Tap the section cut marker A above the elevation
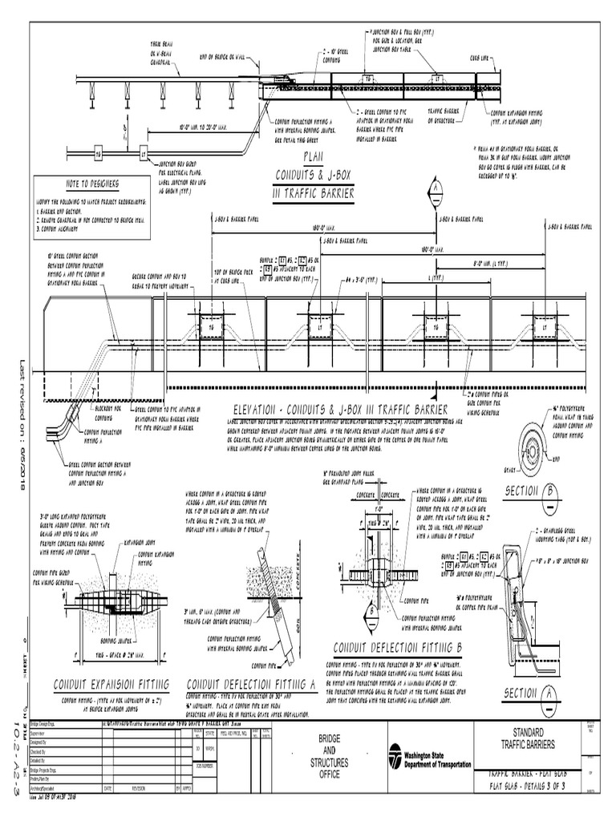(436, 188)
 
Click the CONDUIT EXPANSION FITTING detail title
(111, 684)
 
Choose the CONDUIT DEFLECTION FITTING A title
(251, 684)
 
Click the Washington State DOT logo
(395, 754)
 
